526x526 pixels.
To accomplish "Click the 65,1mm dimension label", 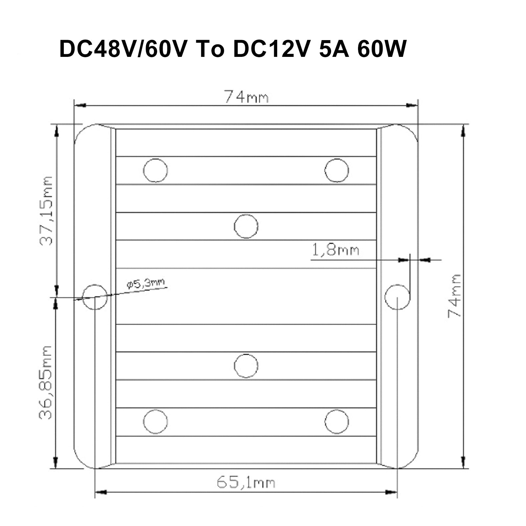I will click(x=246, y=482).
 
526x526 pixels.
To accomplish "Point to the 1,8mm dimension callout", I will click(x=335, y=251).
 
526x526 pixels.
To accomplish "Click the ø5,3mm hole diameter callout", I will click(x=146, y=283).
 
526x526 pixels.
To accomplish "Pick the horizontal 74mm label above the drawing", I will click(x=246, y=97).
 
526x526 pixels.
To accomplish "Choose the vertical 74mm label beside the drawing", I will click(x=455, y=296).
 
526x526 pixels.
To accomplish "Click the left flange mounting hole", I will click(x=95, y=297).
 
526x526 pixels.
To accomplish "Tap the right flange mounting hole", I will click(x=397, y=297).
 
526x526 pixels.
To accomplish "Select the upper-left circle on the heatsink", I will click(x=155, y=170).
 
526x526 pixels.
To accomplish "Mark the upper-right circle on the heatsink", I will click(x=337, y=170).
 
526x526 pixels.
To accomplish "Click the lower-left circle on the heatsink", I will click(x=155, y=422).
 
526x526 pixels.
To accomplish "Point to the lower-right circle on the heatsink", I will click(x=337, y=422).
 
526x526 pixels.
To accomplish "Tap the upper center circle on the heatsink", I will click(x=246, y=226).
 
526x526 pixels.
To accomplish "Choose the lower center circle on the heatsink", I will click(x=246, y=366).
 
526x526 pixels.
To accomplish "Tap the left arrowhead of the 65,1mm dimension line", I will click(x=101, y=492).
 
